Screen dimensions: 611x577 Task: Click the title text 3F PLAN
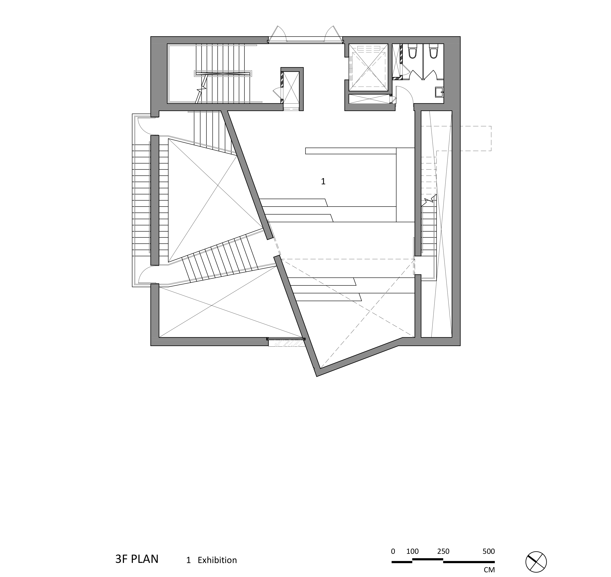point(137,559)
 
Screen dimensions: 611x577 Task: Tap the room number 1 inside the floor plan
point(323,182)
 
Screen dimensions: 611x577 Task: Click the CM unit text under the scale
point(489,570)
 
